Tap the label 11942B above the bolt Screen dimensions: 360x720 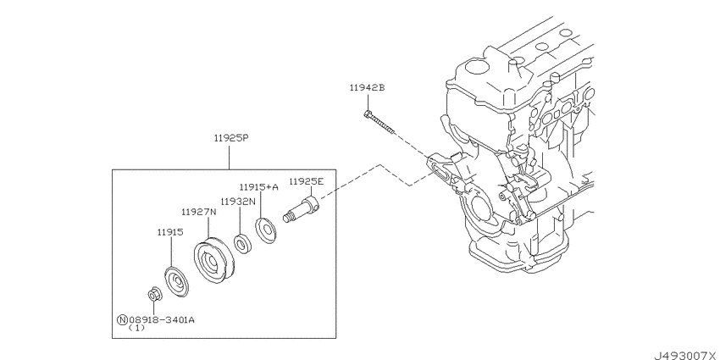click(367, 87)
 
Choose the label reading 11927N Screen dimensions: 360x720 click(197, 212)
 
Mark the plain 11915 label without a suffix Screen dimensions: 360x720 click(170, 230)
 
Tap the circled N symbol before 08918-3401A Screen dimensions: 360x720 click(122, 319)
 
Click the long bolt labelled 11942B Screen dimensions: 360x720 click(381, 123)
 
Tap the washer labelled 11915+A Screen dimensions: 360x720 click(266, 229)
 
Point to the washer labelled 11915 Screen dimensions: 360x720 click(176, 281)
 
